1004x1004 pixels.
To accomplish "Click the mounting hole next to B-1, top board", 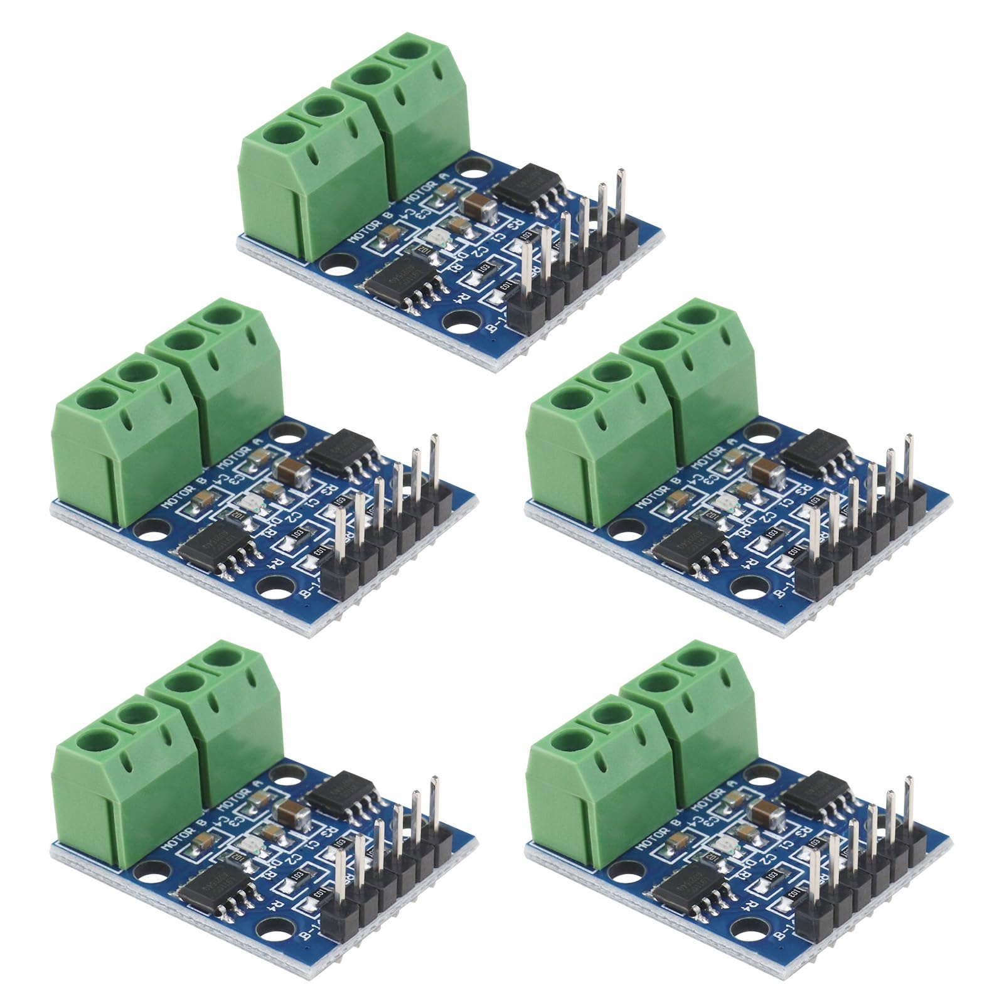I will pyautogui.click(x=455, y=324).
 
